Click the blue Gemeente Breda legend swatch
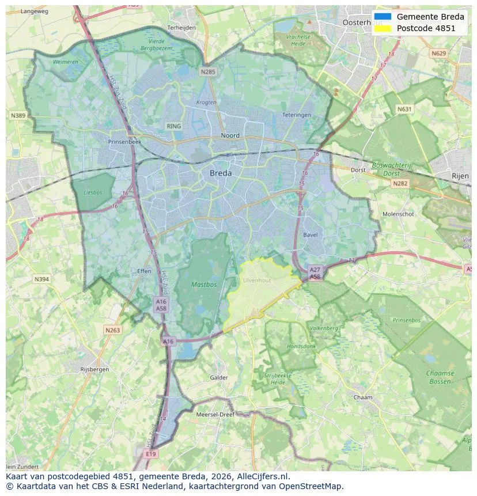click(382, 17)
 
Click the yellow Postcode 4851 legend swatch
click(382, 28)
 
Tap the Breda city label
click(221, 173)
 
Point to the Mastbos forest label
click(203, 285)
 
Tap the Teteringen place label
click(297, 115)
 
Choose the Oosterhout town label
click(362, 22)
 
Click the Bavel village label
click(310, 235)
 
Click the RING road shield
click(173, 126)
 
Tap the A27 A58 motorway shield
click(315, 273)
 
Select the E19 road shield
click(151, 454)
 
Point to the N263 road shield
click(112, 330)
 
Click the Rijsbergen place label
click(94, 369)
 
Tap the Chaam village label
click(363, 397)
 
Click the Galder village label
click(219, 378)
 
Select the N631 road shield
click(406, 108)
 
